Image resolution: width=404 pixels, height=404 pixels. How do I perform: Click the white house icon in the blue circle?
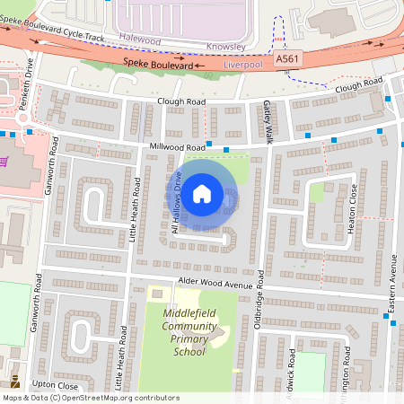202,193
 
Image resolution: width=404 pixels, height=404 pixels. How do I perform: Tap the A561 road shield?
285,58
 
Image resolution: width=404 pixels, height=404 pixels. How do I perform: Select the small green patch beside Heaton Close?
317,192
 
